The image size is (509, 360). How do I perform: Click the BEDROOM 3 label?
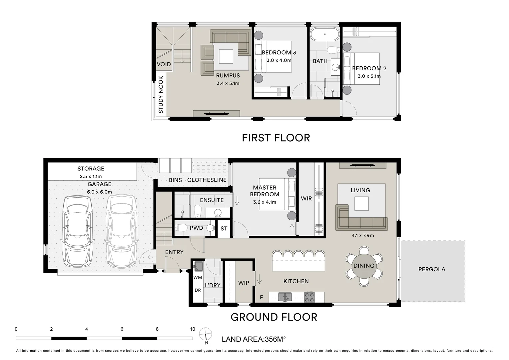click(279, 53)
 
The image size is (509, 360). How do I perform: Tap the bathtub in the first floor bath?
click(325, 34)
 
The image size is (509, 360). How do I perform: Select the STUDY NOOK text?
click(161, 95)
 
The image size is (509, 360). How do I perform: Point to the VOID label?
click(164, 64)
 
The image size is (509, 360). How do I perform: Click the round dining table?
click(364, 266)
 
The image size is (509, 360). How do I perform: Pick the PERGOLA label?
click(432, 269)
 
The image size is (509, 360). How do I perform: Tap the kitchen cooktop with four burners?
click(309, 297)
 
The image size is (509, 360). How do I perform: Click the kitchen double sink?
click(285, 297)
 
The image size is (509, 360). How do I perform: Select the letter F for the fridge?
click(261, 297)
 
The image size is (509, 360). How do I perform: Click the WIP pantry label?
click(244, 283)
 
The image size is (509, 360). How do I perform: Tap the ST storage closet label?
click(224, 229)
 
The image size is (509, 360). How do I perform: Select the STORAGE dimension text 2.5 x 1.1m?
click(91, 176)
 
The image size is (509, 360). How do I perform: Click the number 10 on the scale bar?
click(193, 329)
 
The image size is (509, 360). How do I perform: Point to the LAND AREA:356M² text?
click(254, 339)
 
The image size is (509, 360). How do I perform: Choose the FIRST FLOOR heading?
click(276, 138)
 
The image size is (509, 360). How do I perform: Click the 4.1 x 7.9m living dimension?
click(363, 235)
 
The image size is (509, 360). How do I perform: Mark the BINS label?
click(176, 180)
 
